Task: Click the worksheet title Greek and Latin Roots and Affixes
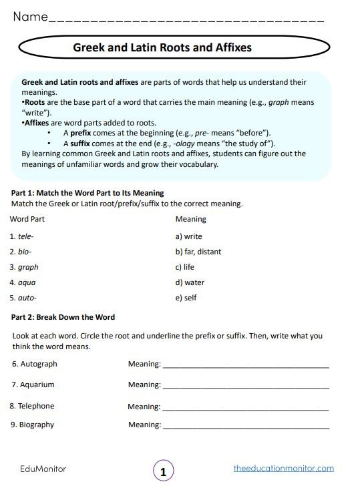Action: tap(162, 48)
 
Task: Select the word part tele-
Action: tap(26, 236)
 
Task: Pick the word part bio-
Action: tap(25, 252)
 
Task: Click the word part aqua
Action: tap(27, 282)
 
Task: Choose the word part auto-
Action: tap(27, 298)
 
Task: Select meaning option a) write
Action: tap(188, 236)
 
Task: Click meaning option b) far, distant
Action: tap(198, 252)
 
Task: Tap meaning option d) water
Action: tap(190, 282)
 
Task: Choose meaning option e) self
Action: tap(186, 298)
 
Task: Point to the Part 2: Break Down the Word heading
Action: tap(63, 317)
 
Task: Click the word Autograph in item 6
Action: tap(39, 364)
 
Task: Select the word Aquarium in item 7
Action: tap(38, 385)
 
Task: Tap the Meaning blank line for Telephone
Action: tap(245, 408)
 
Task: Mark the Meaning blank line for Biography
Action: tap(245, 426)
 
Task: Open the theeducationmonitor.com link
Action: tap(284, 469)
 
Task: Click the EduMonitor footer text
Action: tap(43, 469)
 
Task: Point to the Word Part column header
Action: tap(28, 219)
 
